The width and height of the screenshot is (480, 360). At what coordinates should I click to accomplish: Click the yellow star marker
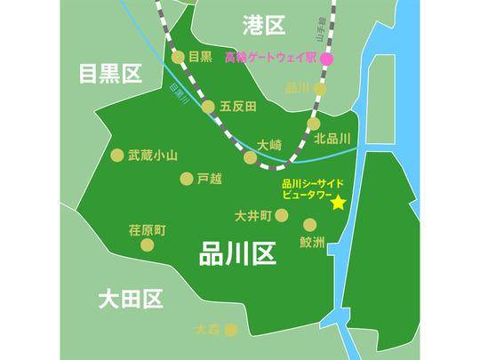338,203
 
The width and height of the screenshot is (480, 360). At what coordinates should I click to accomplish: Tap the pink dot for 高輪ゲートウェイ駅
326,59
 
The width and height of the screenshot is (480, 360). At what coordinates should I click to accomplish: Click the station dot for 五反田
208,107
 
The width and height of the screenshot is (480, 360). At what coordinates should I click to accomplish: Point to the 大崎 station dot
251,157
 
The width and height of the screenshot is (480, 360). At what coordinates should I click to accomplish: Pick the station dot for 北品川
313,124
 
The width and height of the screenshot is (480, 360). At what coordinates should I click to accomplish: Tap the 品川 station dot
320,89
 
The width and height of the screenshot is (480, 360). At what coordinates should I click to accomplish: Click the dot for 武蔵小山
116,155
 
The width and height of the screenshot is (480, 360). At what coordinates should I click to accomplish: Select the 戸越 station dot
186,179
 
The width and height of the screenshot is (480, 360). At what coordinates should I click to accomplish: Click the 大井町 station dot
282,215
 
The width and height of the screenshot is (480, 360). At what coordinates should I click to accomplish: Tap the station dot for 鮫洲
310,225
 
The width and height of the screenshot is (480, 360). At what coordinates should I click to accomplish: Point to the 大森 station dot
231,330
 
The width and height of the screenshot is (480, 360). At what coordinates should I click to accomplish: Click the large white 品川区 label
237,255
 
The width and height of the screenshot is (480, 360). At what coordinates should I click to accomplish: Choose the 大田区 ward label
131,298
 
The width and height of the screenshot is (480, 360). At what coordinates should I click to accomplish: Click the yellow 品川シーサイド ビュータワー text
306,188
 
